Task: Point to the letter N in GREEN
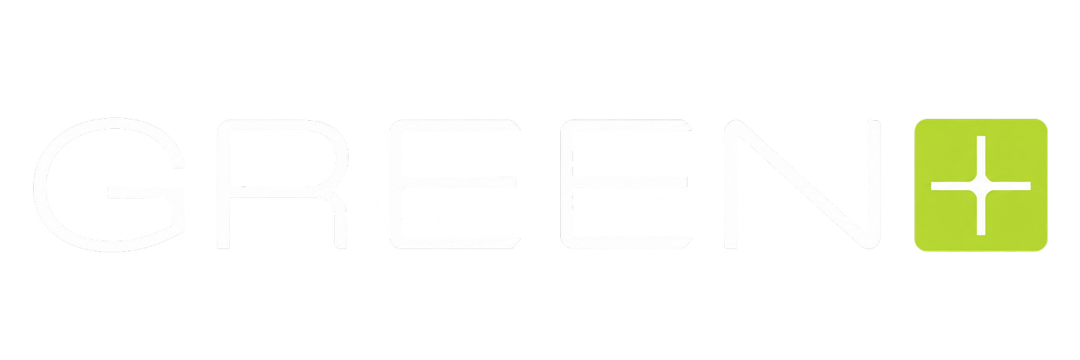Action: (x=803, y=184)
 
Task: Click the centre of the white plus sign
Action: (x=981, y=186)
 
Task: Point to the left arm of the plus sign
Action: (x=953, y=186)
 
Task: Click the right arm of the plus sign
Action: (x=1009, y=186)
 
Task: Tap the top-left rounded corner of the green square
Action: (x=919, y=122)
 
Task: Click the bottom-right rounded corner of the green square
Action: (x=1043, y=247)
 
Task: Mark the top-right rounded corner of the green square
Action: (x=1043, y=122)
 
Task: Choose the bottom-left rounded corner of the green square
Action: (x=919, y=247)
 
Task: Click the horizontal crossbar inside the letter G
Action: (x=145, y=192)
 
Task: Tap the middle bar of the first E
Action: (x=458, y=182)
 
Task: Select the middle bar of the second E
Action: (x=630, y=182)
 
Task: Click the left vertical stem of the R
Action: (x=223, y=184)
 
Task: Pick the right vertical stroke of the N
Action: (x=875, y=184)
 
